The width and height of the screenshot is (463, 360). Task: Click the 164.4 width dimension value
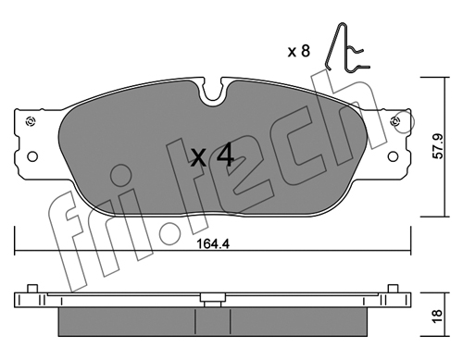[x=213, y=244]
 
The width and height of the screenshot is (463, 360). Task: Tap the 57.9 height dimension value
[x=438, y=146]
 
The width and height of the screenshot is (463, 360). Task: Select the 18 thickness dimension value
[x=438, y=317]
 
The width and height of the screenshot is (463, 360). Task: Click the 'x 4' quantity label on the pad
[x=212, y=156]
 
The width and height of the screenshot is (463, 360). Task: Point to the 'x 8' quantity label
[x=298, y=51]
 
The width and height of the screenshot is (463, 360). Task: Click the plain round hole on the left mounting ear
[x=32, y=156]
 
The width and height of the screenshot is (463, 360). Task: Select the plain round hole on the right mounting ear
[x=393, y=156]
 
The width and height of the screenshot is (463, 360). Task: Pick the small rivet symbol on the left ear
[x=31, y=121]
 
